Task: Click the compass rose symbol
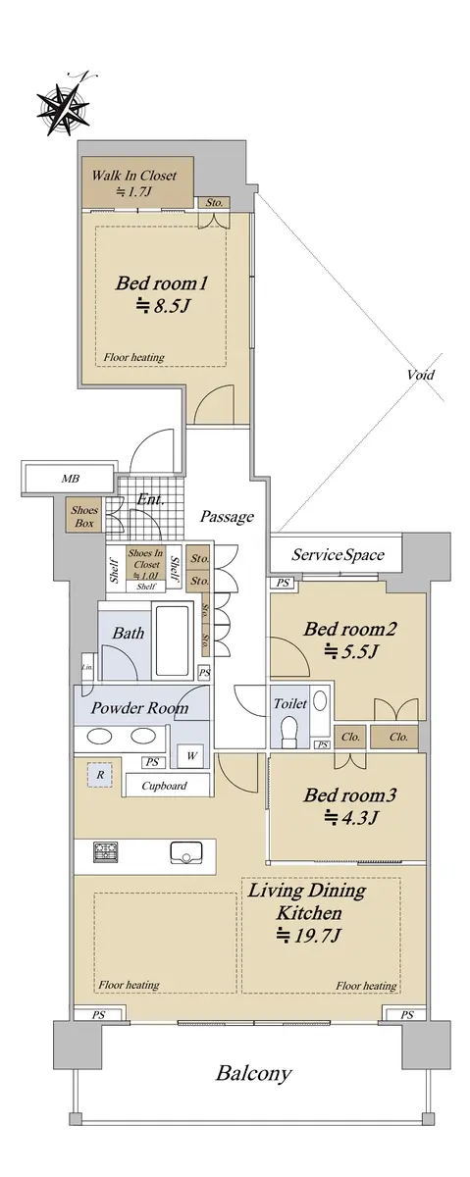pyautogui.click(x=62, y=107)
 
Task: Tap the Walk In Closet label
pyautogui.click(x=134, y=176)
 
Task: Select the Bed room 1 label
pyautogui.click(x=161, y=283)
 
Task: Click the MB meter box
pyautogui.click(x=71, y=479)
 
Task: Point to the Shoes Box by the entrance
pyautogui.click(x=84, y=517)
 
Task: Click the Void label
pyautogui.click(x=421, y=375)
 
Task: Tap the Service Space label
pyautogui.click(x=339, y=555)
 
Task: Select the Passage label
pyautogui.click(x=227, y=517)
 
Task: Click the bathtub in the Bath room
pyautogui.click(x=172, y=639)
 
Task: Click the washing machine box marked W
pyautogui.click(x=191, y=756)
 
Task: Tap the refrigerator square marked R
pyautogui.click(x=100, y=775)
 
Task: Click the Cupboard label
pyautogui.click(x=164, y=786)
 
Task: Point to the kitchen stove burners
pyautogui.click(x=106, y=852)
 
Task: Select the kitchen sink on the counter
pyautogui.click(x=186, y=852)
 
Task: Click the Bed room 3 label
pyautogui.click(x=349, y=795)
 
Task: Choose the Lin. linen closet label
pyautogui.click(x=86, y=667)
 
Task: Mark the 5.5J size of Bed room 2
pyautogui.click(x=350, y=652)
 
